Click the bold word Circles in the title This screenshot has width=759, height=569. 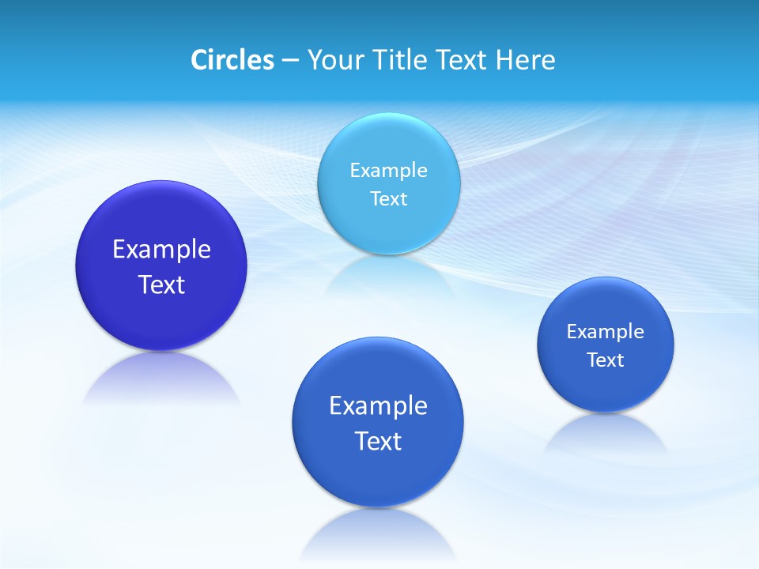pos(232,60)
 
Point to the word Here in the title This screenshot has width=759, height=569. pos(525,60)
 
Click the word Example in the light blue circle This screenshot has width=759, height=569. pos(388,170)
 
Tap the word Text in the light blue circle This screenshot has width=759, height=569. pos(388,198)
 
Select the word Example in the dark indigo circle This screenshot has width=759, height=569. pos(161,250)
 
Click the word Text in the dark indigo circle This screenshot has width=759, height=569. pos(161,284)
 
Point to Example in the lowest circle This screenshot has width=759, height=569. pos(378,406)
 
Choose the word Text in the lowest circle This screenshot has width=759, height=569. pos(378,441)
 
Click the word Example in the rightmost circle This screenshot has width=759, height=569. pos(605,332)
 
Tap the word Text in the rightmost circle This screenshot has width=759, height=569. pos(605,360)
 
